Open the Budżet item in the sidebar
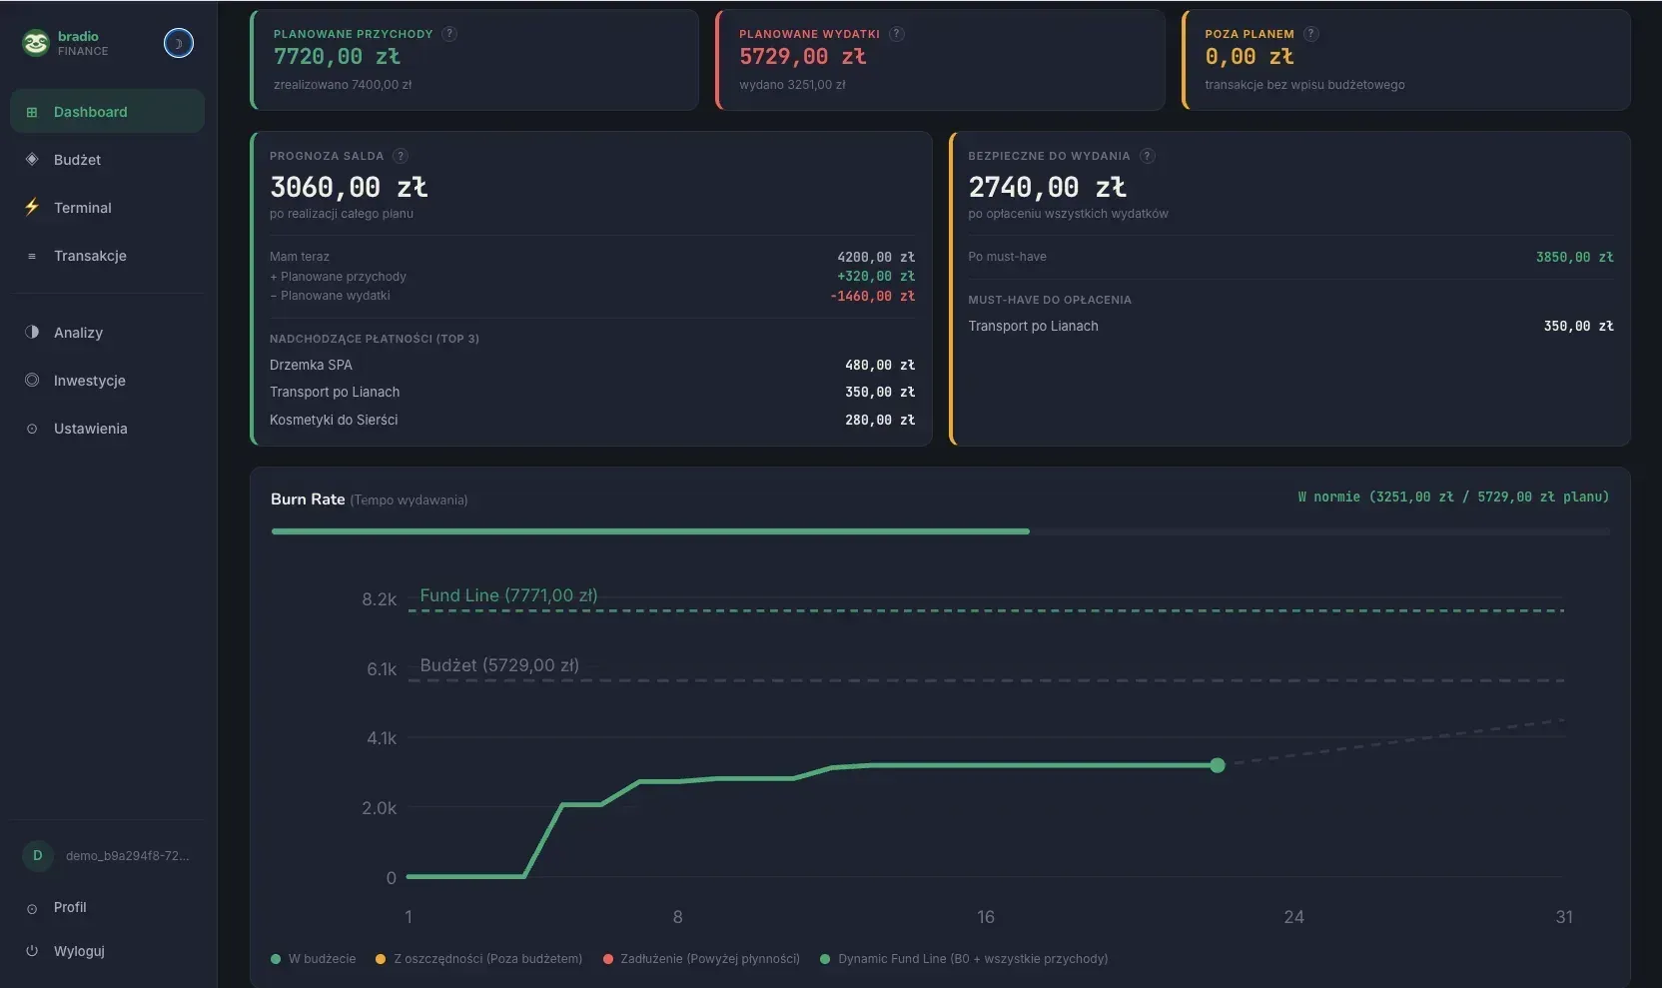pos(77,160)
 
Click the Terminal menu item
pos(82,208)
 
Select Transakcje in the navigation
pos(90,256)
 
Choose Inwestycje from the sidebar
pos(89,380)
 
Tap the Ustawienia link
pos(90,429)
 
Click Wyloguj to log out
pos(79,951)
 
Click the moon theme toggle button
pos(178,43)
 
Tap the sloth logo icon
pos(36,43)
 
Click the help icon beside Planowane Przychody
pos(448,33)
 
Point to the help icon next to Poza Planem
pos(1311,33)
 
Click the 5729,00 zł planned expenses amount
pos(802,56)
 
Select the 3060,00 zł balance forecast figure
pos(348,187)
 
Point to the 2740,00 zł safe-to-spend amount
pos(1047,187)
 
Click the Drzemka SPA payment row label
pos(311,365)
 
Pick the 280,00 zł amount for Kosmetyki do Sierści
pos(880,420)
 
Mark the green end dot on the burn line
pos(1217,764)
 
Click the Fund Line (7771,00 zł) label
pos(508,595)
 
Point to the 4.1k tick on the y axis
pos(382,738)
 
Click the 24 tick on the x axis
pos(1293,917)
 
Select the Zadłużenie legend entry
pos(702,958)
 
